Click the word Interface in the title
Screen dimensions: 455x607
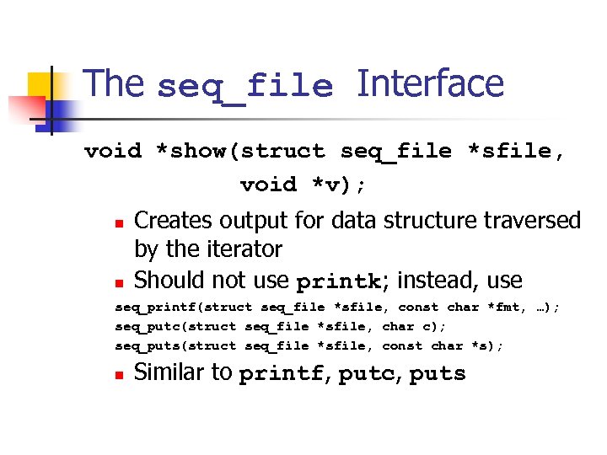430,84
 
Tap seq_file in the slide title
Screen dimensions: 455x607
245,87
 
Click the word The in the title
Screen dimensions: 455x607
115,84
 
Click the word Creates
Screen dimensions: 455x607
174,221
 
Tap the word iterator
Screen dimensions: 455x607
243,249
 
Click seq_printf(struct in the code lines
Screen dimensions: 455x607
185,308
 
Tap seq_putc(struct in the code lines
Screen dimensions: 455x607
176,326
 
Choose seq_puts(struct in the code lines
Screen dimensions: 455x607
176,345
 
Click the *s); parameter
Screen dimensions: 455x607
486,345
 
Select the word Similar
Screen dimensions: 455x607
171,372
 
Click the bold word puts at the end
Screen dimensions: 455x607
437,374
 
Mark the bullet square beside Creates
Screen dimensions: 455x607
120,224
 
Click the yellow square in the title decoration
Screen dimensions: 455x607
41,85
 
